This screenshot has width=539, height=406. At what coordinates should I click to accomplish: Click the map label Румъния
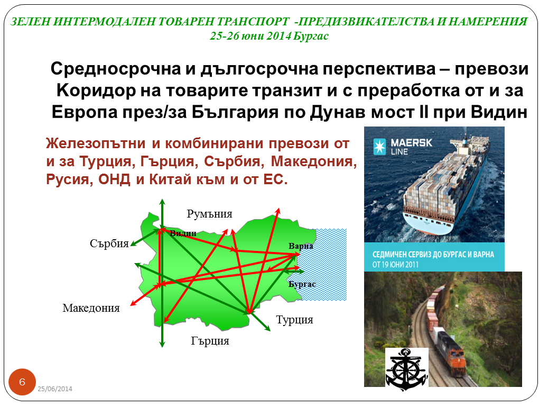pos(209,214)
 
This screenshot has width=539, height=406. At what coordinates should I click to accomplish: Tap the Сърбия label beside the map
pos(109,243)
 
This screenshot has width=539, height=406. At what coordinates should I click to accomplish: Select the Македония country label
pos(91,308)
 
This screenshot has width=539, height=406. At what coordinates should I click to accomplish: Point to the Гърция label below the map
pos(210,341)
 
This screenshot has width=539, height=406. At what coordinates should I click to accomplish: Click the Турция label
pos(294,320)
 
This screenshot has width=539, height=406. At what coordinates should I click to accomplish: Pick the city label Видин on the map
pos(183,233)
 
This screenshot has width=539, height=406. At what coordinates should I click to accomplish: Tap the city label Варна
pos(301,246)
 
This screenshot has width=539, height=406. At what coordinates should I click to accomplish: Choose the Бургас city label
pos(302,284)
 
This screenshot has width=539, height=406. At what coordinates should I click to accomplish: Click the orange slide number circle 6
pos(22,382)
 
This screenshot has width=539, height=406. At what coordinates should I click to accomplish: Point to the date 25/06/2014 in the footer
pos(55,389)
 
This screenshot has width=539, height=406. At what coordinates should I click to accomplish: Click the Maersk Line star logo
pos(379,146)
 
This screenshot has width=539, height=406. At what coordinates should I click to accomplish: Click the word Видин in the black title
pos(499,112)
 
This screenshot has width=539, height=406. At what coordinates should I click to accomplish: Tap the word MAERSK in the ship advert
pos(412,142)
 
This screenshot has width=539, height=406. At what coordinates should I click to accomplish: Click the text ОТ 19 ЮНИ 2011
pos(395,265)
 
